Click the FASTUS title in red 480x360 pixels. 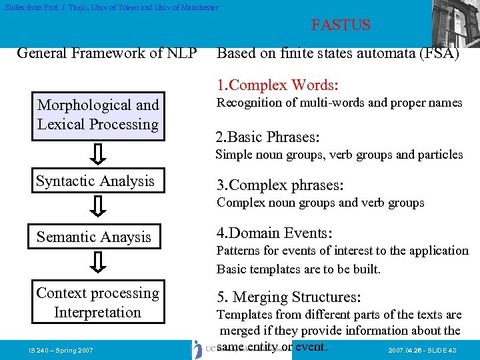[x=340, y=25]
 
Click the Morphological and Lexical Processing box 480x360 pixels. [x=98, y=115]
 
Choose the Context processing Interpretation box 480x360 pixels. [x=98, y=303]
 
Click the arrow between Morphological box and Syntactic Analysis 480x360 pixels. [x=97, y=153]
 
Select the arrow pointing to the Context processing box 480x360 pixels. [x=97, y=263]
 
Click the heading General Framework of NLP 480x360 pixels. [x=107, y=53]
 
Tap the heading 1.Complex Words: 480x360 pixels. [x=277, y=85]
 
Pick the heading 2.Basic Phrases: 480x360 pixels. [x=267, y=137]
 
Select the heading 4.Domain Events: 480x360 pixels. [x=274, y=233]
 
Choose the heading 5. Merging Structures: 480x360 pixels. [x=289, y=297]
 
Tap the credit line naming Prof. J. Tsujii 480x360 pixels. [x=110, y=7]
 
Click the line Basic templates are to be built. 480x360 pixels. [x=298, y=269]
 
